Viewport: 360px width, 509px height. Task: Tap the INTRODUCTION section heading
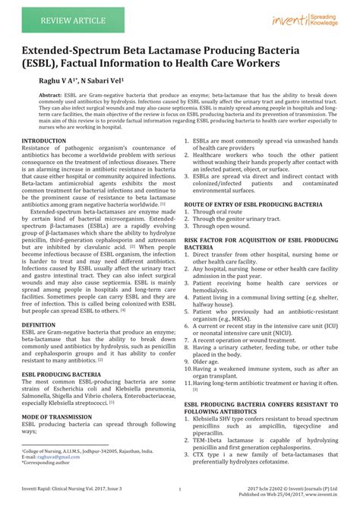[44, 141]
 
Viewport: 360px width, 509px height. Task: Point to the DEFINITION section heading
[38, 324]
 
